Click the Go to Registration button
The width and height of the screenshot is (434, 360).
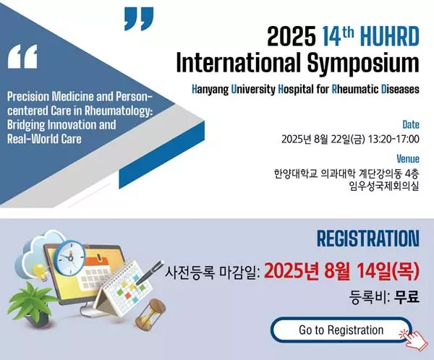click(341, 330)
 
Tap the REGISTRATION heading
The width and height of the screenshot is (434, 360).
click(368, 239)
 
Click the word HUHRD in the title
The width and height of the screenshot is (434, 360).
click(390, 36)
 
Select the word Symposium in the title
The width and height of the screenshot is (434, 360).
click(363, 63)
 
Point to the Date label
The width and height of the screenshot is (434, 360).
click(411, 124)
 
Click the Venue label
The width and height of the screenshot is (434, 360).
click(408, 159)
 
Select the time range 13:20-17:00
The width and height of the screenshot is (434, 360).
click(393, 139)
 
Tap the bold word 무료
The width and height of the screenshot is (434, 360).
click(407, 297)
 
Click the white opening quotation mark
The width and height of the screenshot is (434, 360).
click(22, 56)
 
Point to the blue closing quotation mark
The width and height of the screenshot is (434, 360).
click(139, 19)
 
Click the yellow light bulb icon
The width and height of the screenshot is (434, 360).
click(40, 272)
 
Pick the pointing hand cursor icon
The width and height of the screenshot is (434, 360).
click(415, 339)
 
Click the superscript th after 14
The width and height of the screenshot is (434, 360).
click(348, 33)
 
